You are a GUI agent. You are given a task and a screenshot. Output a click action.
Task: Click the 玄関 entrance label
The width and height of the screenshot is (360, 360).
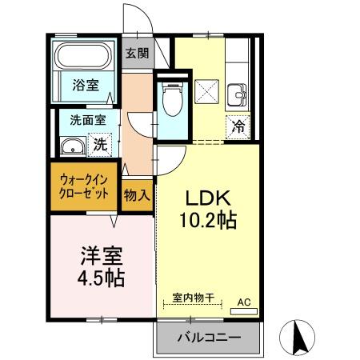[x=138, y=54]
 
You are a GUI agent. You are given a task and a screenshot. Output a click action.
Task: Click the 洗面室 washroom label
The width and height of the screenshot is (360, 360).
[x=82, y=121]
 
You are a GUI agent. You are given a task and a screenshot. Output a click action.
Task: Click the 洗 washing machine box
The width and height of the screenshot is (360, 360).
[x=99, y=145]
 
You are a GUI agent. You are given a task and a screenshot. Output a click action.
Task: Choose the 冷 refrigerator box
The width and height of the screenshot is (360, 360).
[x=239, y=126]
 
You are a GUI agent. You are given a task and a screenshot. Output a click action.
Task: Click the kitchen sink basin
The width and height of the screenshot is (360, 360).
[x=238, y=95]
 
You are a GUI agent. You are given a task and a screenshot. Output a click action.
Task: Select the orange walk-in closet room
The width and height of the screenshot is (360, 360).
[x=83, y=187]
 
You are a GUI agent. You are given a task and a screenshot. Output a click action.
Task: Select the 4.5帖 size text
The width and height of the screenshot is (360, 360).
[x=101, y=279]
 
